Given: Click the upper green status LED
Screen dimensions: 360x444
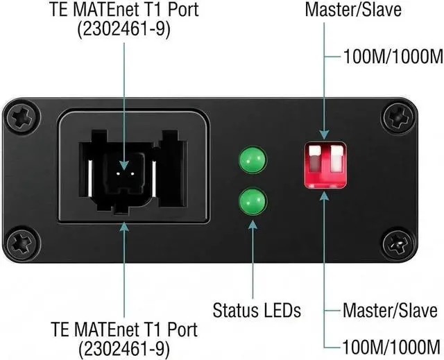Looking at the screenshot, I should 253,161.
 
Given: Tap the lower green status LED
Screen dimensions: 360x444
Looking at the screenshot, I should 253,203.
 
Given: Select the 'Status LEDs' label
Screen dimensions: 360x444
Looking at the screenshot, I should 256,310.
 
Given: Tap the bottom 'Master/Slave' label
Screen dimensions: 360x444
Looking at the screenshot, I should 390,310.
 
